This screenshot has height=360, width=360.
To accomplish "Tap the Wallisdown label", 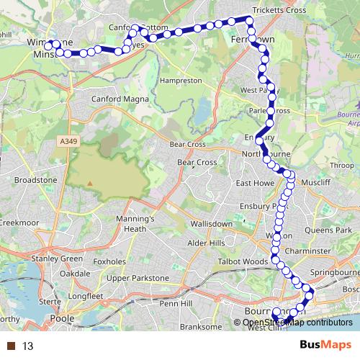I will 210,224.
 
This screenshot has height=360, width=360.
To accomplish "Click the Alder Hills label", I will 207,243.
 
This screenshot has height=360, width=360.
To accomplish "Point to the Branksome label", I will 199,326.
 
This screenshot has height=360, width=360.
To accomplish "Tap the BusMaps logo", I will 325,346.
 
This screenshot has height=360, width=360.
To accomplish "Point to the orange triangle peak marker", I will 90,182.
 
